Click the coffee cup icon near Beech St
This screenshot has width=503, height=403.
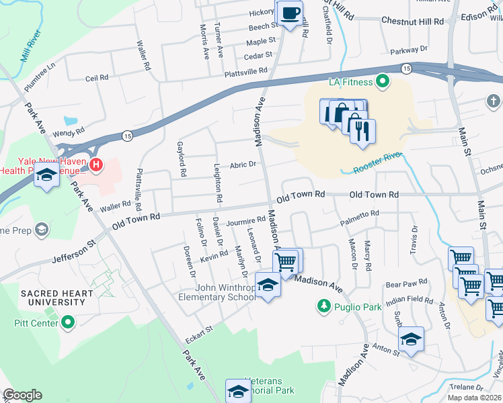click(289, 13)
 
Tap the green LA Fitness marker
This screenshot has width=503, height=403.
click(383, 82)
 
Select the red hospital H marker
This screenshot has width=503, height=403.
click(96, 164)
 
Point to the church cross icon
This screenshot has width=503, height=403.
click(493, 101)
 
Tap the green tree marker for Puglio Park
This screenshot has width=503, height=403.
click(323, 306)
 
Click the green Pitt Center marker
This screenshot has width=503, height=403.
click(67, 323)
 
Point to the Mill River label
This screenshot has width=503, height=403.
click(32, 45)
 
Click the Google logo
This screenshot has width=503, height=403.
click(22, 394)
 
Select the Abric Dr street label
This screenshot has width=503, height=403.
click(243, 165)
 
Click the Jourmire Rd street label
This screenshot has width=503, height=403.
click(245, 220)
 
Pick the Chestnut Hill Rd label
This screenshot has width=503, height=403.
click(412, 21)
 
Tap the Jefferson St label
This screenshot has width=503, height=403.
click(75, 253)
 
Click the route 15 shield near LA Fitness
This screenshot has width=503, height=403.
click(406, 69)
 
